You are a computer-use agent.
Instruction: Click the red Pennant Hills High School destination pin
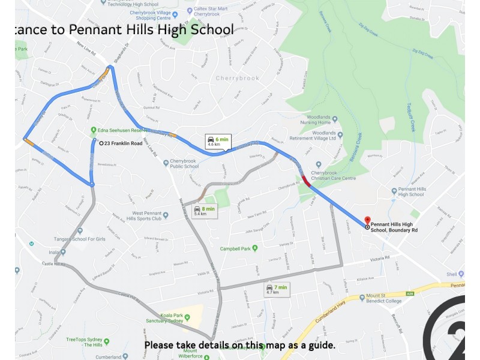(x=367, y=221)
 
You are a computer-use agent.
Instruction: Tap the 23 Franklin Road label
(x=124, y=143)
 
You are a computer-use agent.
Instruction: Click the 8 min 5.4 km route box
(x=204, y=211)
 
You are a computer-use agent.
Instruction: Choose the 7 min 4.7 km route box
(x=277, y=290)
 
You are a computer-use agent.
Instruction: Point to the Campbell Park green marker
(x=254, y=248)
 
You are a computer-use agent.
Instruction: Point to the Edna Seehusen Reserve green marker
(x=94, y=130)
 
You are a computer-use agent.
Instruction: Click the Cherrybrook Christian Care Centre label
(x=334, y=175)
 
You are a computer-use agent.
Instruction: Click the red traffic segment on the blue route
(x=307, y=181)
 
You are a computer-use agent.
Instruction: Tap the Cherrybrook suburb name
(x=237, y=79)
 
